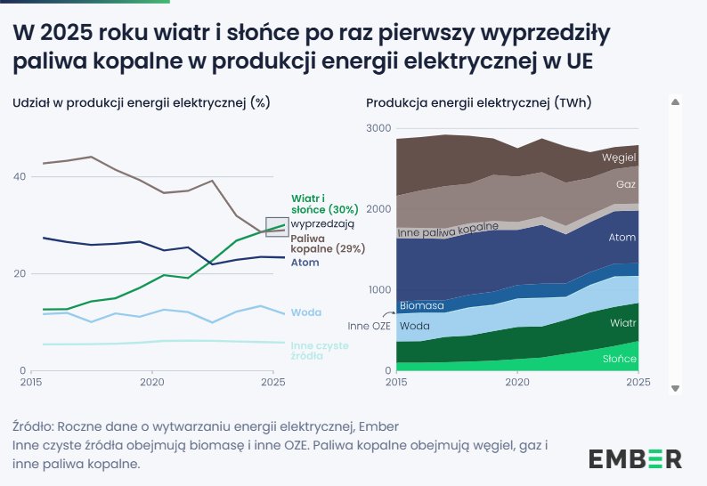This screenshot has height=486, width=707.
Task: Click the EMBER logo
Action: pos(635,458)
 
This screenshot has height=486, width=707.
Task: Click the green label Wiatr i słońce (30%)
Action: pos(324,203)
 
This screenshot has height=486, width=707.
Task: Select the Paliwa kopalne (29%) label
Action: pos(328,243)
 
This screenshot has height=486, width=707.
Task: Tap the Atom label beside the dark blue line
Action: pos(305,263)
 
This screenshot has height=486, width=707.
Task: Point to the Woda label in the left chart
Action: pos(306,312)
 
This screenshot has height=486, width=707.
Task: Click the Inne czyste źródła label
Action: pos(320,349)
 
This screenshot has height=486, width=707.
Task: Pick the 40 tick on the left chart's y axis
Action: pos(19,177)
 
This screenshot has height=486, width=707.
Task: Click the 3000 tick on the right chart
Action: pos(378,128)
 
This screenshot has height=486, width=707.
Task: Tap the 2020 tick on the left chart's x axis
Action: pos(151,382)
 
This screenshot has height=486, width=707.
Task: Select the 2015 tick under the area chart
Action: pos(396,382)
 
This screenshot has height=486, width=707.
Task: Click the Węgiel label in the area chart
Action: pos(618,158)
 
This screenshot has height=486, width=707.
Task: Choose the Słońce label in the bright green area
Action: pos(619,359)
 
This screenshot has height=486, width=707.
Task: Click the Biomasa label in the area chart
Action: pos(422,306)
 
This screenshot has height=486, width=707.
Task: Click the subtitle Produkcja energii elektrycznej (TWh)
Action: pos(478,102)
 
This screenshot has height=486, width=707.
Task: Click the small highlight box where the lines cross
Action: pos(277,227)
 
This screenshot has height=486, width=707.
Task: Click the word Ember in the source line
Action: pos(380,425)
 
